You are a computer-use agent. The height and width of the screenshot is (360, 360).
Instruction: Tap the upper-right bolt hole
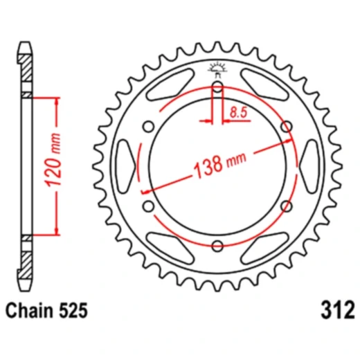pyautogui.click(x=286, y=126)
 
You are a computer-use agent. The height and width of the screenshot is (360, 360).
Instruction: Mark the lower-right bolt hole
pyautogui.click(x=286, y=206)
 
